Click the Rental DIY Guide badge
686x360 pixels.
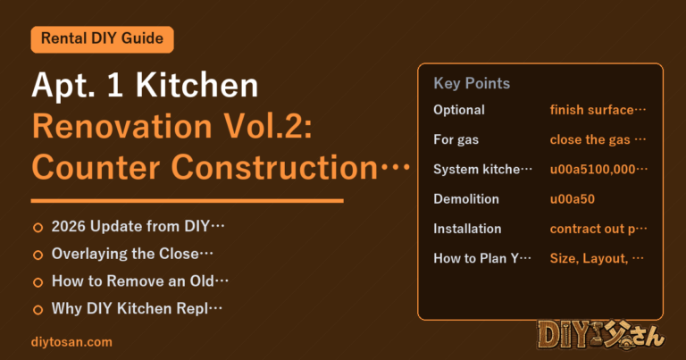pyautogui.click(x=103, y=39)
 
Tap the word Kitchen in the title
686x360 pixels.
pyautogui.click(x=197, y=85)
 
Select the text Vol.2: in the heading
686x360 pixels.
pyautogui.click(x=268, y=127)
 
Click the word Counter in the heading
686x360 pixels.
pyautogui.click(x=96, y=168)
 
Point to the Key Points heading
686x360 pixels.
pyautogui.click(x=472, y=83)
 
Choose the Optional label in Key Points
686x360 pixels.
pyautogui.click(x=459, y=110)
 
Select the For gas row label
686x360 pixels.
pyautogui.click(x=456, y=139)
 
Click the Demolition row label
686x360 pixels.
pyautogui.click(x=466, y=199)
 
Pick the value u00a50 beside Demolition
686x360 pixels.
pyautogui.click(x=573, y=199)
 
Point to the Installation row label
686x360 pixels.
pyautogui.click(x=467, y=229)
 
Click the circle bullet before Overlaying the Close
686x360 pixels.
pyautogui.click(x=38, y=255)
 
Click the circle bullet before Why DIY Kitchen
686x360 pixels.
pyautogui.click(x=38, y=310)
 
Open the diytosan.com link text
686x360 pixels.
pyautogui.click(x=71, y=342)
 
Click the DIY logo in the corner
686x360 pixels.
pyautogui.click(x=601, y=335)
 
